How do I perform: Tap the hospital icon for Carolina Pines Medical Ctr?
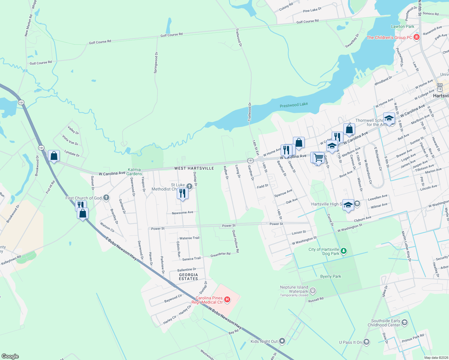227,299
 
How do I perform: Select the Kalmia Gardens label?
134,172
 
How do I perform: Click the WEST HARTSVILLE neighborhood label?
194,168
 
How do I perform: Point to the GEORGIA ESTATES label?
188,277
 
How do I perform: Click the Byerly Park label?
330,276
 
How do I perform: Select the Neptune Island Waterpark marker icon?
313,290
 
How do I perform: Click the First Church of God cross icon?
106,198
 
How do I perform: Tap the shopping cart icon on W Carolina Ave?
318,157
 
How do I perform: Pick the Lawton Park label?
402,26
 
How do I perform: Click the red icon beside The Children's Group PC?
416,37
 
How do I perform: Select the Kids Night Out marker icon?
282,341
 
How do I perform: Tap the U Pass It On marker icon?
366,342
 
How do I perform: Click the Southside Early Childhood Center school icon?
404,322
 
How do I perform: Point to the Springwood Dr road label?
156,63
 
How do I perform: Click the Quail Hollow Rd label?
236,241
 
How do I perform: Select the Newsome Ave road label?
182,213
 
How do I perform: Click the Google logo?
10,356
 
